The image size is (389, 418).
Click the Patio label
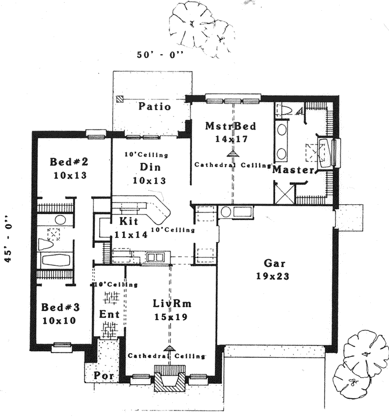point(155,106)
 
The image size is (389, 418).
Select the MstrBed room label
point(230,127)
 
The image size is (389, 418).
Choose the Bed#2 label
point(70,162)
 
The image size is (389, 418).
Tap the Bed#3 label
point(61,308)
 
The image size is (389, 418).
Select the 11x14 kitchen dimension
point(130,234)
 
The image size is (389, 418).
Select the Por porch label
point(104,376)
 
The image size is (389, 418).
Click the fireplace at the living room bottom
point(171,377)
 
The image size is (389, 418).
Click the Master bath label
point(292,170)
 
